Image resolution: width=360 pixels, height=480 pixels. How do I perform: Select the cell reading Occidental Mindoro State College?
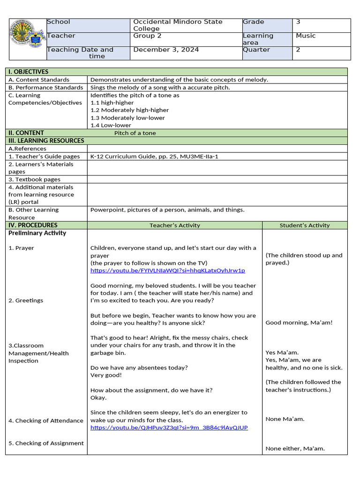[x=178, y=25]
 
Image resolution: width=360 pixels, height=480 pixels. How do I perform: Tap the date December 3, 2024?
[x=166, y=50]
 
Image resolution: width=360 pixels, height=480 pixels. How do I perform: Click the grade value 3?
[x=298, y=22]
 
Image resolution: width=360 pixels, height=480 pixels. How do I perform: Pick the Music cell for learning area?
[x=306, y=36]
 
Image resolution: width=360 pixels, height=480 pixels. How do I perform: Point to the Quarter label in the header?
[x=256, y=50]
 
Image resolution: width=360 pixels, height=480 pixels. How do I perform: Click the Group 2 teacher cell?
[x=147, y=36]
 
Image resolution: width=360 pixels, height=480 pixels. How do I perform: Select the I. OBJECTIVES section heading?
[x=28, y=72]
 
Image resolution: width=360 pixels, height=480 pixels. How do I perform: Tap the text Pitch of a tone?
[x=135, y=133]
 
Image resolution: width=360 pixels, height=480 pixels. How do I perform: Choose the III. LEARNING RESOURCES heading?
[x=46, y=141]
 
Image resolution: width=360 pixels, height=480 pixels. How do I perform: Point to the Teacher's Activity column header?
[x=174, y=225]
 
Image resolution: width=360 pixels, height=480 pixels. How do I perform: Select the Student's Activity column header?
[x=304, y=225]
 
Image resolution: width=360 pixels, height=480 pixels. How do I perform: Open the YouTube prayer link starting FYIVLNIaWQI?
[x=167, y=270]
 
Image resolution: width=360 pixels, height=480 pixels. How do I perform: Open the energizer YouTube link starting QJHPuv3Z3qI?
[x=169, y=427]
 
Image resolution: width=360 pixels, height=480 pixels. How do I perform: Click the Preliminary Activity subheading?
[x=37, y=233]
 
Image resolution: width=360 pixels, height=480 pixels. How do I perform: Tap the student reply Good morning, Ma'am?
[x=299, y=322]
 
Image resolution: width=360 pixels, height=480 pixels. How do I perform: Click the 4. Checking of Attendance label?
[x=45, y=420]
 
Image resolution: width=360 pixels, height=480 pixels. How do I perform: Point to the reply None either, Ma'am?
[x=295, y=449]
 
